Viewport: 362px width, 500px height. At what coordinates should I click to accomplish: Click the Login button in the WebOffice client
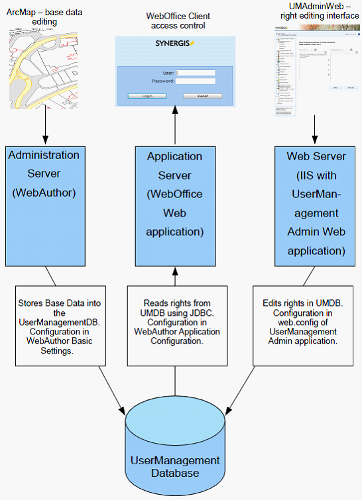pyautogui.click(x=147, y=96)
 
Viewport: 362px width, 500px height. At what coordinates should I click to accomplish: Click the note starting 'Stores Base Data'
pyautogui.click(x=56, y=325)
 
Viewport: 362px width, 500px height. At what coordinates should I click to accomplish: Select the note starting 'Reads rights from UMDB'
pyautogui.click(x=175, y=325)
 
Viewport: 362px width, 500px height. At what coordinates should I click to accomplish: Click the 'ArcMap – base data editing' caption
pyautogui.click(x=41, y=16)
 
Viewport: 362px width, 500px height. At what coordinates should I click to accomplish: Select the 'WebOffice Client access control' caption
pyautogui.click(x=176, y=21)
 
